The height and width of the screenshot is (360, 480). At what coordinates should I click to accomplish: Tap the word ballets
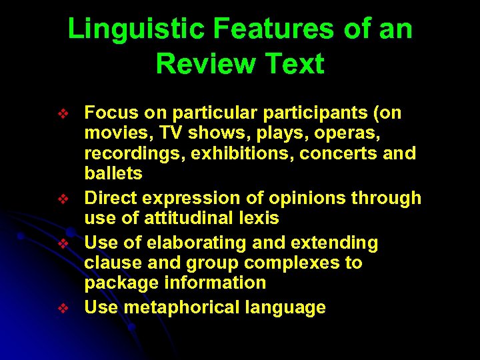coord(113,174)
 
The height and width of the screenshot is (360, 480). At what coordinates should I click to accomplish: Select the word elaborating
coord(189,243)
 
